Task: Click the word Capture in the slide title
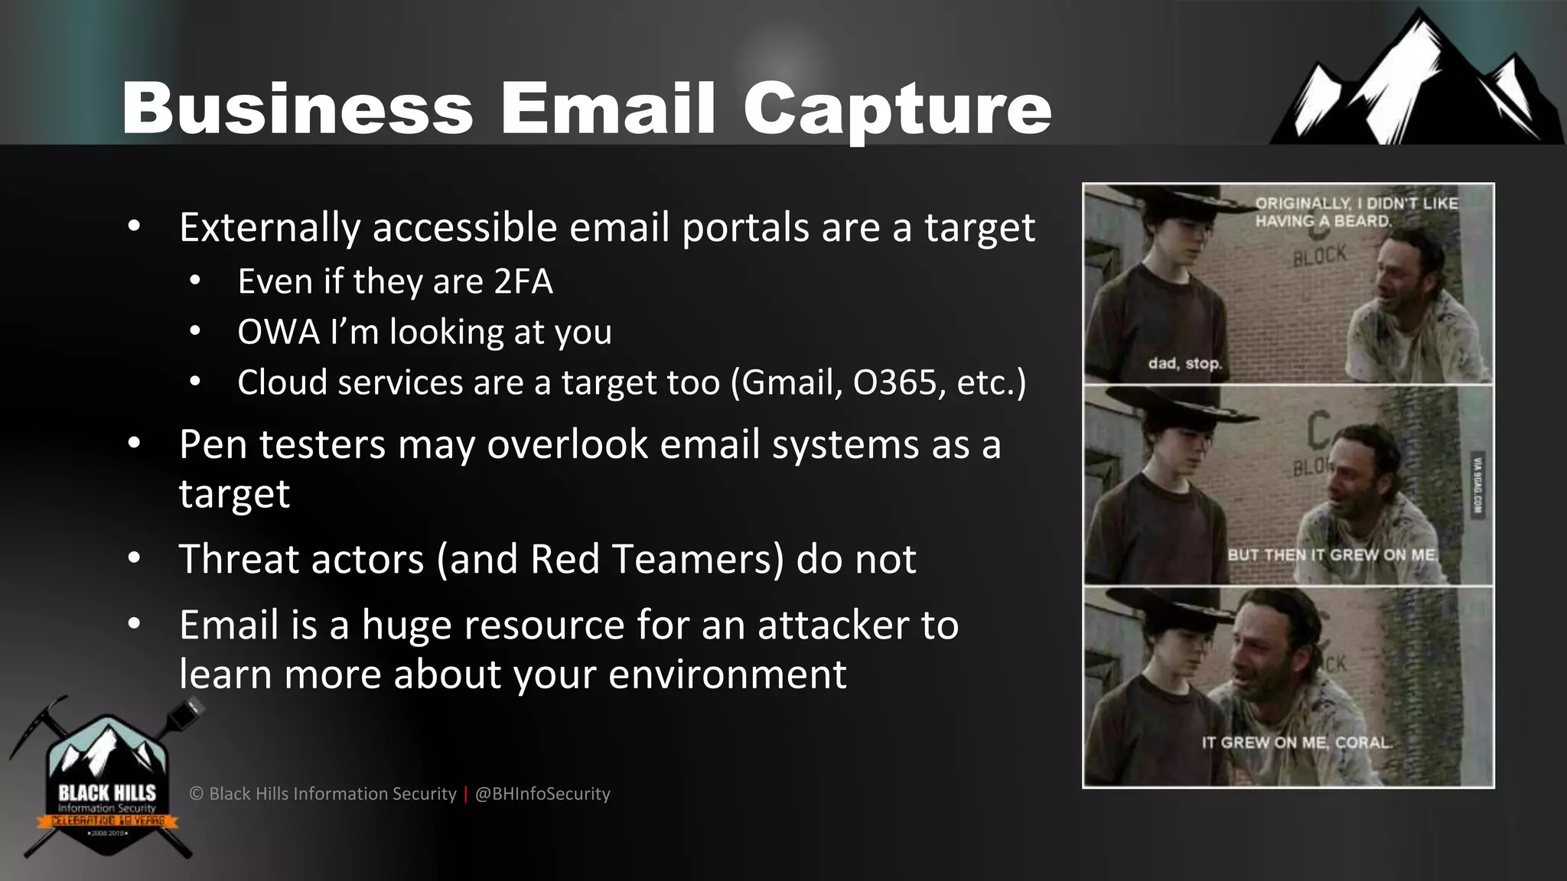(897, 109)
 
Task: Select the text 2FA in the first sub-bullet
(523, 281)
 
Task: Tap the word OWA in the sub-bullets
(279, 332)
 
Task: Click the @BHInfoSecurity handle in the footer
(542, 794)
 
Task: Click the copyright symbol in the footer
(197, 794)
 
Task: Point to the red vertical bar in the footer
(465, 794)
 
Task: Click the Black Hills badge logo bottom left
(106, 780)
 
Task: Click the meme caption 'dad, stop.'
(1184, 363)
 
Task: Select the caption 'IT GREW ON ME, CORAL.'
(1297, 742)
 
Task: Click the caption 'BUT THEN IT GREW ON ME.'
(1332, 554)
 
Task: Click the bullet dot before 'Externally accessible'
(135, 227)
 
